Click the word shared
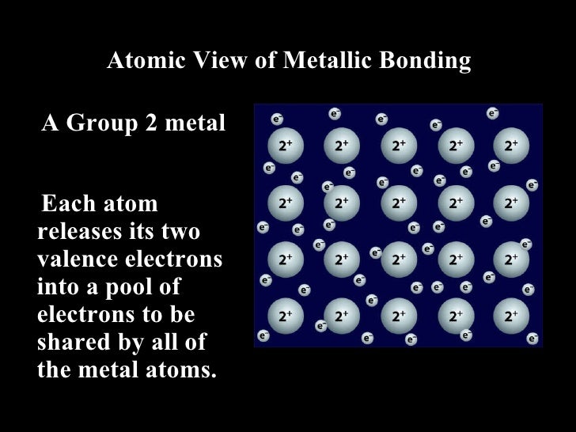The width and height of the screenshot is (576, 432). pyautogui.click(x=70, y=342)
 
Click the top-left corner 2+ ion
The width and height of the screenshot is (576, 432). pyautogui.click(x=285, y=146)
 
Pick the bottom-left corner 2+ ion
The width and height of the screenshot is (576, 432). pyautogui.click(x=285, y=316)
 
